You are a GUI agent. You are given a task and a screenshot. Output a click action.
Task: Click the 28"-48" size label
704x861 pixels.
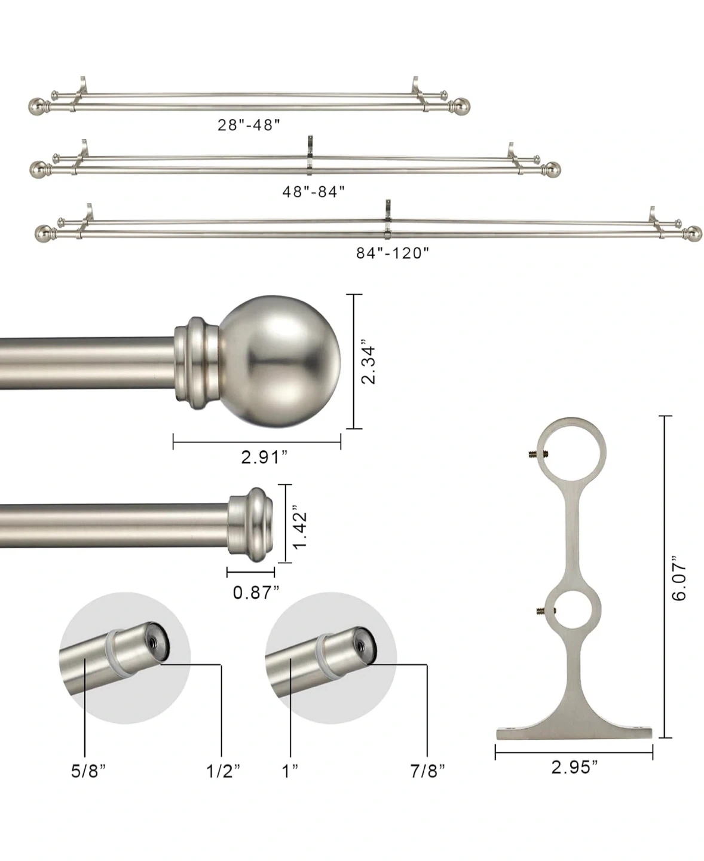point(249,125)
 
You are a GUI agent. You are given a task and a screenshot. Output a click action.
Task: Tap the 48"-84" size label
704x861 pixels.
point(314,191)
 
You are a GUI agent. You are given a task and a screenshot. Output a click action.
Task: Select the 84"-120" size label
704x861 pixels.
point(393,253)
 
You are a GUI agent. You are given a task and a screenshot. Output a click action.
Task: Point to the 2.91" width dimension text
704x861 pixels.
point(265,457)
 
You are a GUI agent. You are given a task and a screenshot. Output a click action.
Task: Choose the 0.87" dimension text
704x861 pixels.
point(256,593)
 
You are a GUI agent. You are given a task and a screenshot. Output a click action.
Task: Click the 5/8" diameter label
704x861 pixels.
point(88,771)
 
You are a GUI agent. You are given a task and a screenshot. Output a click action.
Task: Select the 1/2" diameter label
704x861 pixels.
point(224,771)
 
